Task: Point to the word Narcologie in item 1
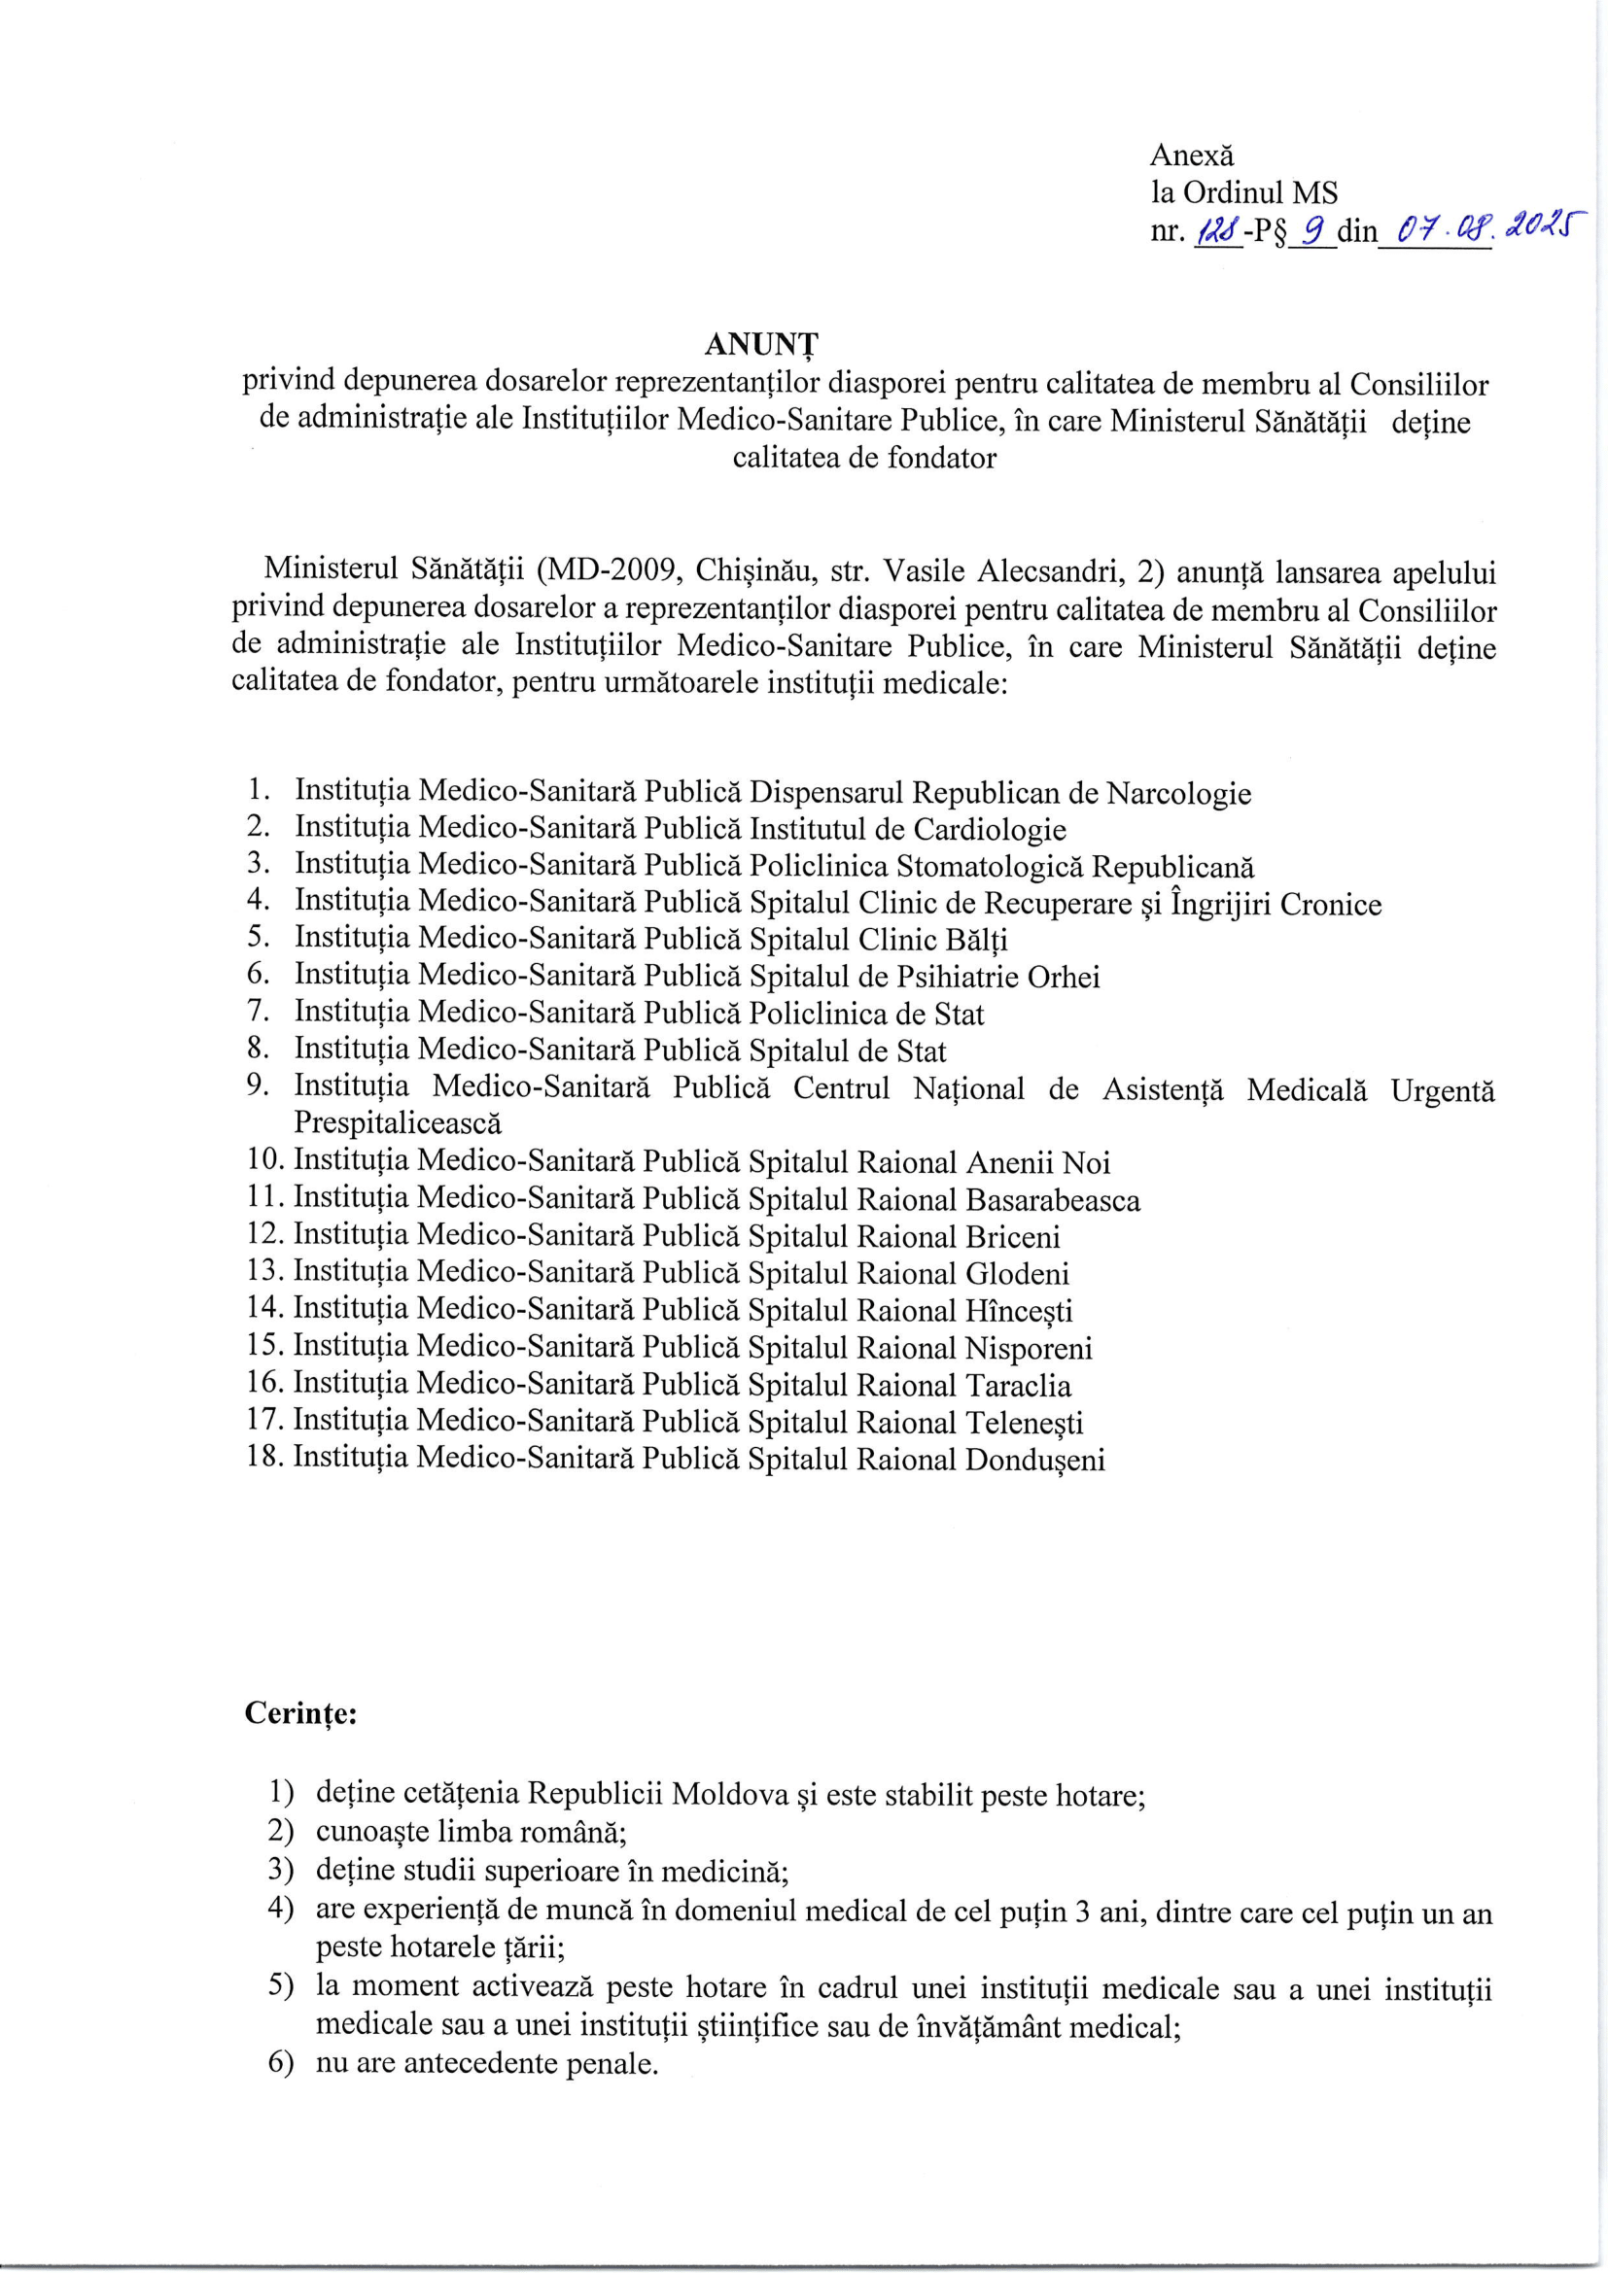[x=1178, y=793]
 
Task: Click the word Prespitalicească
[x=398, y=1123]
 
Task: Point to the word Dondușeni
[x=1034, y=1460]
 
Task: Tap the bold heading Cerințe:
[x=301, y=1713]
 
